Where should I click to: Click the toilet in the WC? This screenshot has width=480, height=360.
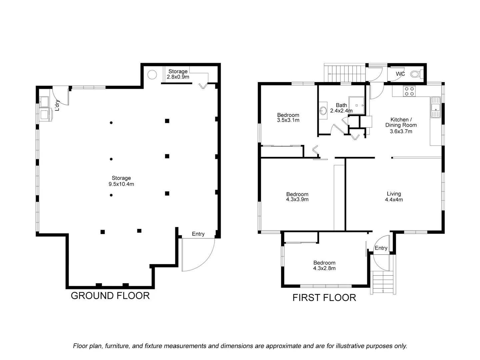point(417,74)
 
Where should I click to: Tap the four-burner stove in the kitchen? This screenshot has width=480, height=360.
point(409,91)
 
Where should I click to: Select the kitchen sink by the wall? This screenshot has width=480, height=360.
point(436,107)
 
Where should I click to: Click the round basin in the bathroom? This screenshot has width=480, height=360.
point(323,110)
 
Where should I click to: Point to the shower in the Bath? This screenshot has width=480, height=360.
point(356,106)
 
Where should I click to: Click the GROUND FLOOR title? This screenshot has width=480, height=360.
point(110,296)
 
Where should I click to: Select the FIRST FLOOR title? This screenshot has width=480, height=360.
point(324,298)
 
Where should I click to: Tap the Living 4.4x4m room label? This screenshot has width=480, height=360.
point(394,197)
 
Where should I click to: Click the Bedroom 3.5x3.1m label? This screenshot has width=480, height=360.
point(288,117)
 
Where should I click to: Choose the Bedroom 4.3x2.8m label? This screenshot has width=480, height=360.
point(324,265)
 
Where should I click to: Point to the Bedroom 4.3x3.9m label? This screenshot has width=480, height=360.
point(297,197)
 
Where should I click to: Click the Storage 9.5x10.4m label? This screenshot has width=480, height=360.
point(121,181)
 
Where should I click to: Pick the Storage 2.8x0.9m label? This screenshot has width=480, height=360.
point(178,74)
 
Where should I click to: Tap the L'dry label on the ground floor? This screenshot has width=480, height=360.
point(57,105)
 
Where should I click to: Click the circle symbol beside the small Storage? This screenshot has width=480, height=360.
point(152,75)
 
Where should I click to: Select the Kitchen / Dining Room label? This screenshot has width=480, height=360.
point(401,125)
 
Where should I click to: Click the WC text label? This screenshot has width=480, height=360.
point(400,74)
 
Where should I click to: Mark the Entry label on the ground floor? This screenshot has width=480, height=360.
point(198,234)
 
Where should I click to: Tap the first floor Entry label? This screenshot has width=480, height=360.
point(381,248)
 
